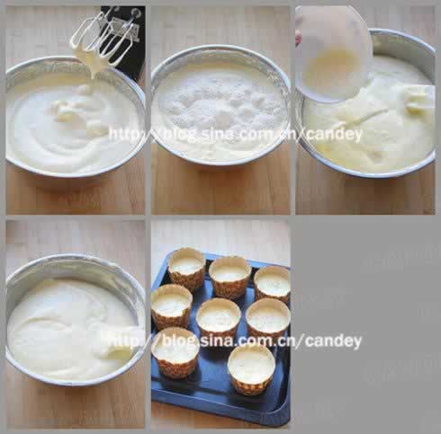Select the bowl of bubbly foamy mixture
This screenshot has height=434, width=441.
[x=220, y=105]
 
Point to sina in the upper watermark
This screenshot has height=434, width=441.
[x=216, y=134]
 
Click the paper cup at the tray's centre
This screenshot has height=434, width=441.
[x=219, y=317]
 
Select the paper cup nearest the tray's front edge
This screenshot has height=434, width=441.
[x=251, y=369]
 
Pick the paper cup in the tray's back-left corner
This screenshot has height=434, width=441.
[x=186, y=269]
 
